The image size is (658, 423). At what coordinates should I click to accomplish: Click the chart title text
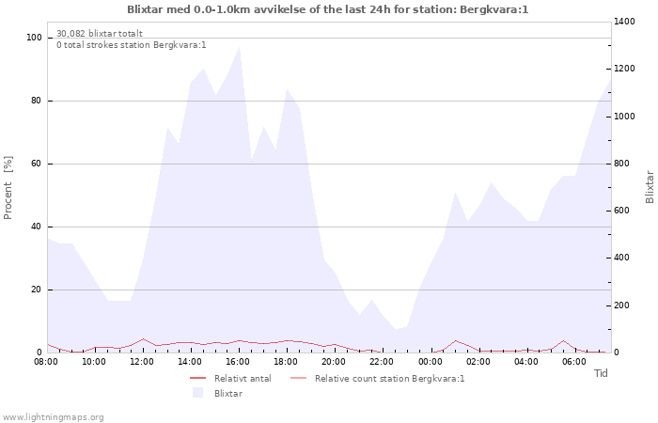[328, 9]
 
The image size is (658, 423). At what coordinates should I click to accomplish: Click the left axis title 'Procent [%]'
[8, 188]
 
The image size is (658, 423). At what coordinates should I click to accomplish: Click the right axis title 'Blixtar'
[650, 186]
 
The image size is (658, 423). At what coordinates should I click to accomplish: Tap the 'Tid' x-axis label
[602, 373]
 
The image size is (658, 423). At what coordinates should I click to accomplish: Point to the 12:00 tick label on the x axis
[142, 361]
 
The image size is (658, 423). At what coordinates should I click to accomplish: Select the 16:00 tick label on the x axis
[238, 361]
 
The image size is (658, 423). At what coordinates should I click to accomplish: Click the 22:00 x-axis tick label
[382, 361]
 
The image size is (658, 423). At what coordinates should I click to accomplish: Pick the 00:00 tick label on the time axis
[430, 361]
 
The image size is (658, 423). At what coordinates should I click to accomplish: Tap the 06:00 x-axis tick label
[573, 361]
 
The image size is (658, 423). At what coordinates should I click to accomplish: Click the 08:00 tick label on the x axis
[46, 361]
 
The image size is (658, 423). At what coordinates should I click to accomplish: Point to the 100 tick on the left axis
[34, 38]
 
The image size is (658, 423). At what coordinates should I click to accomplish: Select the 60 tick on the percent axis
[37, 164]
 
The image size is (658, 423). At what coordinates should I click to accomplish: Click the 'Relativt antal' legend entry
[243, 379]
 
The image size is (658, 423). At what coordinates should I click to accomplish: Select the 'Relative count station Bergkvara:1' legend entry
[389, 379]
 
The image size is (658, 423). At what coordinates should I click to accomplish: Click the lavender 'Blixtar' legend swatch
[198, 393]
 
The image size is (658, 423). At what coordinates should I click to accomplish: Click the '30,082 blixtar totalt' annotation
[100, 34]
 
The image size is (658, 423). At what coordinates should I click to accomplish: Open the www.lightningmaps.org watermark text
[54, 416]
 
